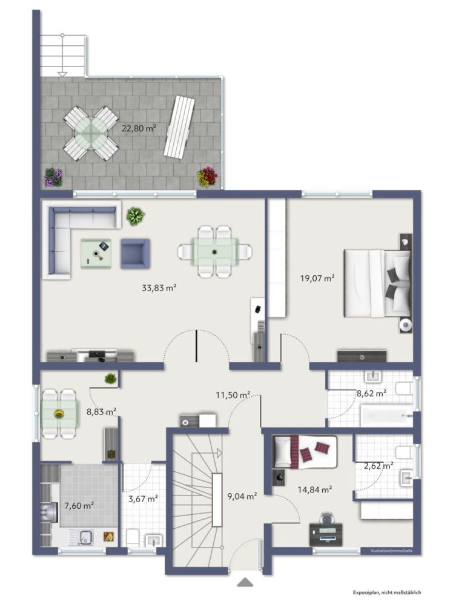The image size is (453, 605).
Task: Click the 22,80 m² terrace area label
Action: coord(139,128)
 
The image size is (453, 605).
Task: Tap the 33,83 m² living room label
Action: coord(159,288)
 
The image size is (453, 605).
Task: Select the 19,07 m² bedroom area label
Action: coord(317,278)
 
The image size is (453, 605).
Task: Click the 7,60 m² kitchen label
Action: coord(79,505)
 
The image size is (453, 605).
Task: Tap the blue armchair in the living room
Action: coord(135,253)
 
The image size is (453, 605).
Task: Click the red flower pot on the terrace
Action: coord(207,177)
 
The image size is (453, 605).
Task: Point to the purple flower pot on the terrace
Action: coord(53,177)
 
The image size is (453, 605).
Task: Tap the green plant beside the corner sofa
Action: coord(135,215)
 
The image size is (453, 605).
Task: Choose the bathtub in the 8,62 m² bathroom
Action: coord(385,416)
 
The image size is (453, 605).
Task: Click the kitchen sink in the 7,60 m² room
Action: coord(86,535)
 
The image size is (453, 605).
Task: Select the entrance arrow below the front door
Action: coord(245,582)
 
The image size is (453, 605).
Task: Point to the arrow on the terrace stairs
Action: coord(62,73)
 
